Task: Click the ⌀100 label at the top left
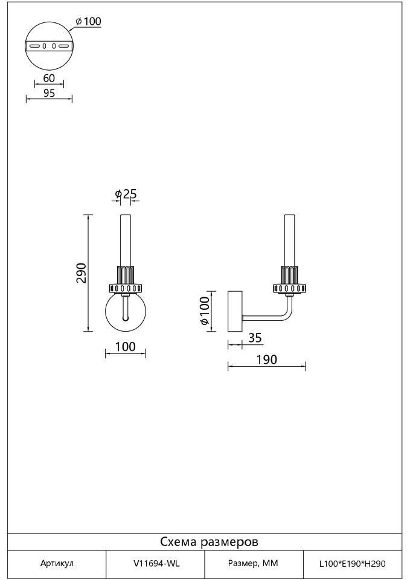click(x=88, y=22)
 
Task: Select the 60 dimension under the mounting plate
click(x=49, y=78)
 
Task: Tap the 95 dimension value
click(x=49, y=93)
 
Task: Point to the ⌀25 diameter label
click(x=126, y=193)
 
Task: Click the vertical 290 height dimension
click(x=81, y=273)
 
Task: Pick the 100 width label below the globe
click(x=126, y=347)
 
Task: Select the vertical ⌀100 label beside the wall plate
click(x=205, y=311)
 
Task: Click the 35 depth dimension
click(x=255, y=338)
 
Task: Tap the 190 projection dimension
click(x=266, y=359)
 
